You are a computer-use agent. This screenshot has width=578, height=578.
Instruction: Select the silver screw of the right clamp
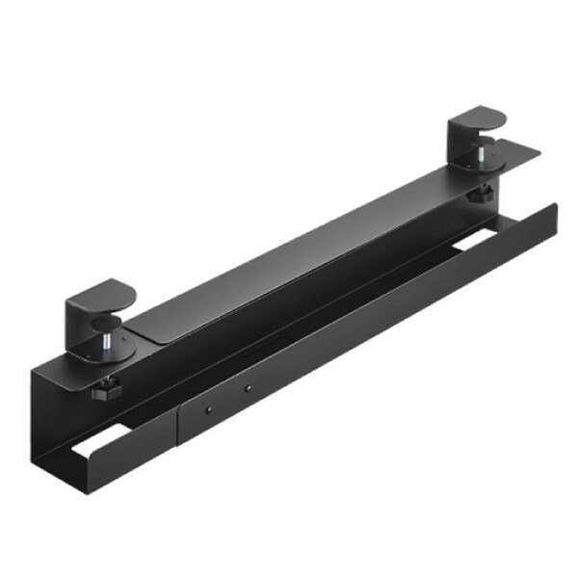[479, 154]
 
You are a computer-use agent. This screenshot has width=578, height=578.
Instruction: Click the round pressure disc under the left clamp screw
[114, 353]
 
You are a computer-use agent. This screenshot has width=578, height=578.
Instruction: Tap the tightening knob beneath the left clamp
[104, 390]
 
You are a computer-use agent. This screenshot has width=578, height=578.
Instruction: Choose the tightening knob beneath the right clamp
[478, 195]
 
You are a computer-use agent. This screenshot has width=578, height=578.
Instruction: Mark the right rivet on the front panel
[248, 388]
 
